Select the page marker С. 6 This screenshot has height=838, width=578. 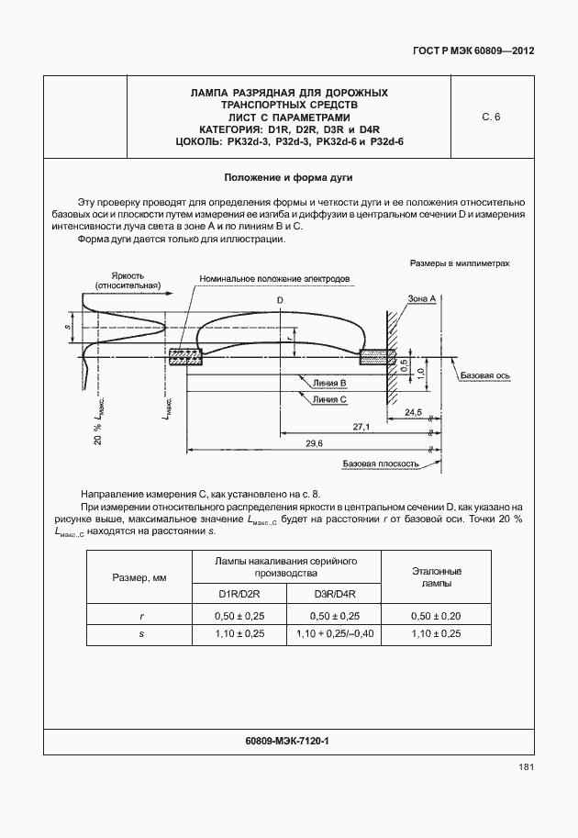[491, 117]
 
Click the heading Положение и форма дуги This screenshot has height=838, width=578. [289, 176]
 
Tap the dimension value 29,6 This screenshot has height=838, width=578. [314, 443]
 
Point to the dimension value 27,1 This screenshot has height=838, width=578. [361, 427]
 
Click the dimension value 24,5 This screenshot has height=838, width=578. [413, 412]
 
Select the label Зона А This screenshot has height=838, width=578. [421, 299]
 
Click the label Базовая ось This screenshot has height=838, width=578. [485, 376]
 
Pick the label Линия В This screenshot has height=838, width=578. [328, 383]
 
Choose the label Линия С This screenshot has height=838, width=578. [328, 400]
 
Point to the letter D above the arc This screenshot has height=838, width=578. [280, 300]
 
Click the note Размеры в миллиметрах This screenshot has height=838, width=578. [459, 263]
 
